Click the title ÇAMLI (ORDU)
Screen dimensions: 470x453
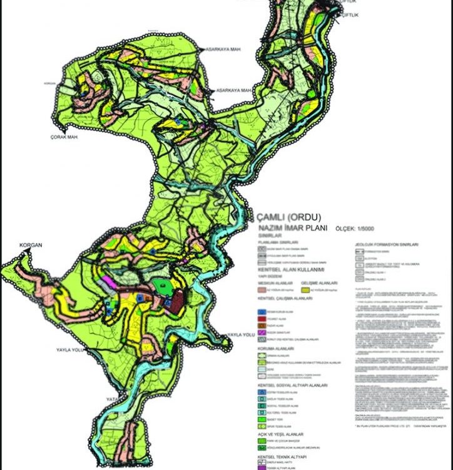[x=285, y=217]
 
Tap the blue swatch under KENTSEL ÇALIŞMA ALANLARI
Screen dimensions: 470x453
[x=262, y=311]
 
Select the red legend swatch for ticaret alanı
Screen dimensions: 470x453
[x=262, y=318]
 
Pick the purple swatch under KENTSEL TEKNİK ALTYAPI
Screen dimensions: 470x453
[x=262, y=467]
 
